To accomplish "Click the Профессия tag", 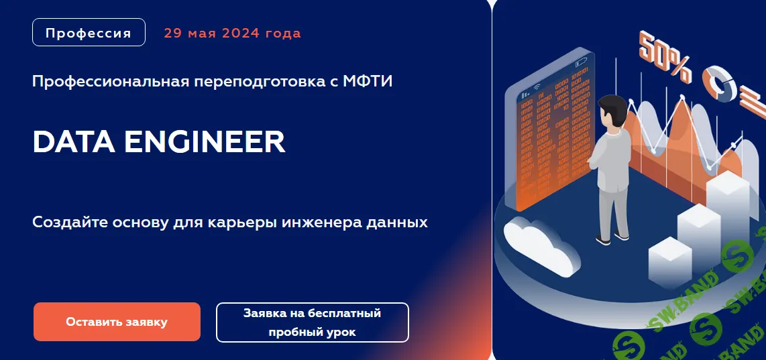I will pyautogui.click(x=89, y=33).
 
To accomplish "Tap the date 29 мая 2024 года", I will pyautogui.click(x=232, y=33).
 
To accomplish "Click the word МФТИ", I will pyautogui.click(x=368, y=82).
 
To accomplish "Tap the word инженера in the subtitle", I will pyautogui.click(x=318, y=222).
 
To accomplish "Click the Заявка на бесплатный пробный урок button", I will pyautogui.click(x=312, y=322).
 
